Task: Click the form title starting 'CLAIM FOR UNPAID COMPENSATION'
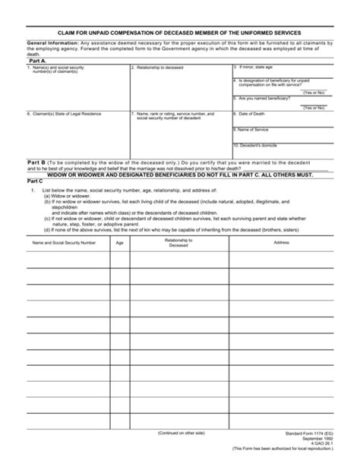(x=179, y=33)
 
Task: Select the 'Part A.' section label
(x=37, y=60)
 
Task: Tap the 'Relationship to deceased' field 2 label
(x=159, y=67)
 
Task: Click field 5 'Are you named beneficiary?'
(x=266, y=98)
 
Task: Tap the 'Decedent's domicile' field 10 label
(x=258, y=144)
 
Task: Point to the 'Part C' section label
(x=36, y=182)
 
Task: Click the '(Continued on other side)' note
(x=180, y=433)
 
